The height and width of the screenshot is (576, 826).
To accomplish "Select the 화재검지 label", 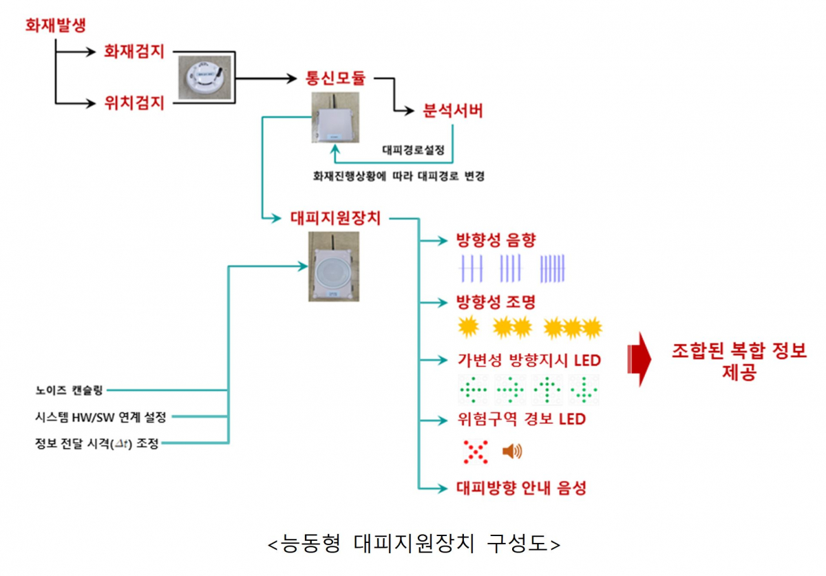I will coord(134,52).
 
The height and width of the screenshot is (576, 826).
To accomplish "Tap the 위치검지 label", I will coord(134,104).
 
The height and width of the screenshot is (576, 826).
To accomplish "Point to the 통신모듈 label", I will coord(335,78).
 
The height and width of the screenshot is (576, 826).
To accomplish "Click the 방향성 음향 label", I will coord(496,240).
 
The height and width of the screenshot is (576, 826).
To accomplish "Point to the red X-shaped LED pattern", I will coord(474,451).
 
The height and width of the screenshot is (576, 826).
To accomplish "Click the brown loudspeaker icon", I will coord(512,451).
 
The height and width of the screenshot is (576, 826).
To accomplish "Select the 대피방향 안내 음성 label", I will coord(521,488).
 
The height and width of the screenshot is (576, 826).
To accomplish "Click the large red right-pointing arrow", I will coord(639,359).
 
